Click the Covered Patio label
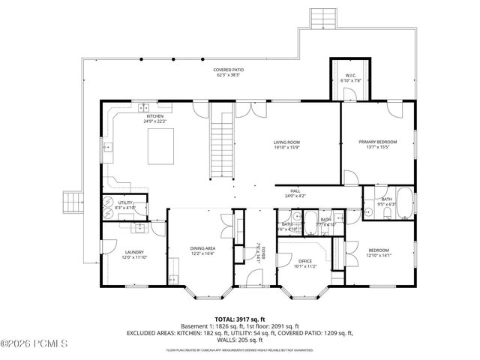229,73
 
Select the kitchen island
160,145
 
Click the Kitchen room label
155,118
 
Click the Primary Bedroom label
377,144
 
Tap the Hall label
295,193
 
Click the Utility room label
124,204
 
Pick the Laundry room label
134,254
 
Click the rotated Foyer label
258,250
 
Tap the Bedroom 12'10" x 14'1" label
379,252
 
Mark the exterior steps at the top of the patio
319,17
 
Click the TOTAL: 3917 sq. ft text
240,318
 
